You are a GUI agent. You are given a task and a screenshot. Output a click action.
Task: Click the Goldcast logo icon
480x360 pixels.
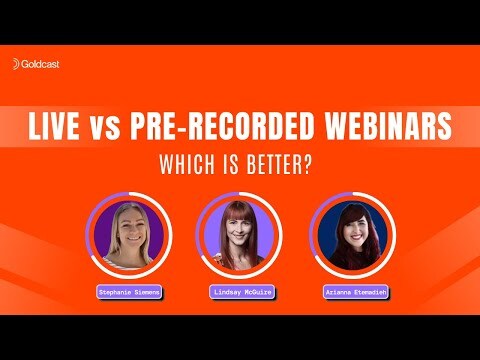(17, 63)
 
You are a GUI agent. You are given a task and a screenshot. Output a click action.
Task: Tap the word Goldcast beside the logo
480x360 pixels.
(41, 63)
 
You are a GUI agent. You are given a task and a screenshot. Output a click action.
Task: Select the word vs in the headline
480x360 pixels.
(113, 129)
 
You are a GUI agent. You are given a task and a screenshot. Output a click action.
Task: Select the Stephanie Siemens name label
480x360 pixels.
(127, 291)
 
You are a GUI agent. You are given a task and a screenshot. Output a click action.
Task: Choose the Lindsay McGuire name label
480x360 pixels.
(240, 291)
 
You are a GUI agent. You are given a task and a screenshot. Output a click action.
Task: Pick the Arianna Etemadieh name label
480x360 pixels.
(352, 291)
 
